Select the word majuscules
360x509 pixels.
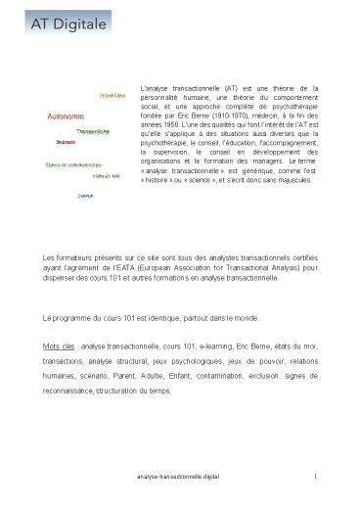pos(292,180)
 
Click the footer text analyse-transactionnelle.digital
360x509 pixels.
pos(177,475)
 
